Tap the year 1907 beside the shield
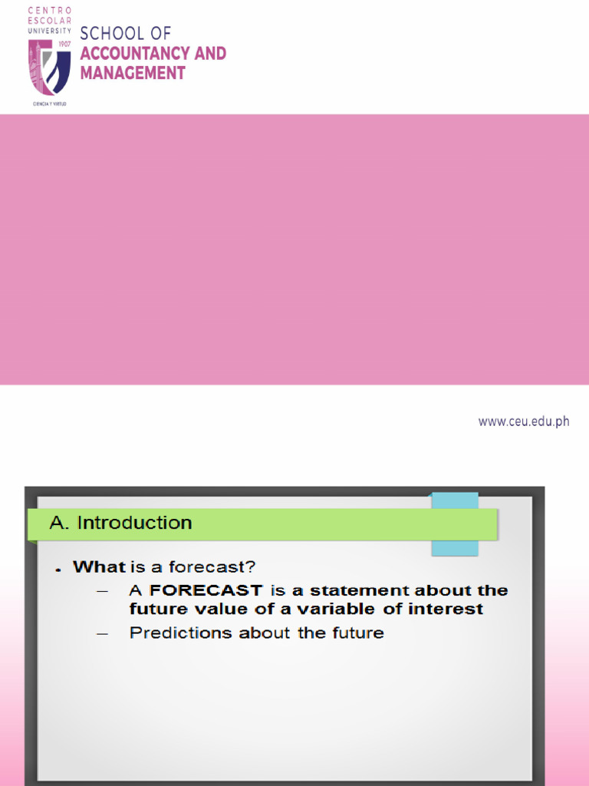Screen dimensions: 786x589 pyautogui.click(x=64, y=45)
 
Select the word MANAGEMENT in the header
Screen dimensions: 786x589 pyautogui.click(x=133, y=74)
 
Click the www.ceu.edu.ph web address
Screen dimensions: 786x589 pyautogui.click(x=523, y=421)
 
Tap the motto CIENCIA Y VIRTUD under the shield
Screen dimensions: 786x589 pyautogui.click(x=49, y=102)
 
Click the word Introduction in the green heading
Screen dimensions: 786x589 pyautogui.click(x=135, y=523)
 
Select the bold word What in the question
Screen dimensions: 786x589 pyautogui.click(x=99, y=568)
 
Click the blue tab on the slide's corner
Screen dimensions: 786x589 pyautogui.click(x=455, y=524)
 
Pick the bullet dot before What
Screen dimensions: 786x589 pyautogui.click(x=58, y=570)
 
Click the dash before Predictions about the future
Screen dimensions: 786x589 pyautogui.click(x=104, y=633)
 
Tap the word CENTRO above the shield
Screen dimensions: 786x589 pyautogui.click(x=49, y=9)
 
